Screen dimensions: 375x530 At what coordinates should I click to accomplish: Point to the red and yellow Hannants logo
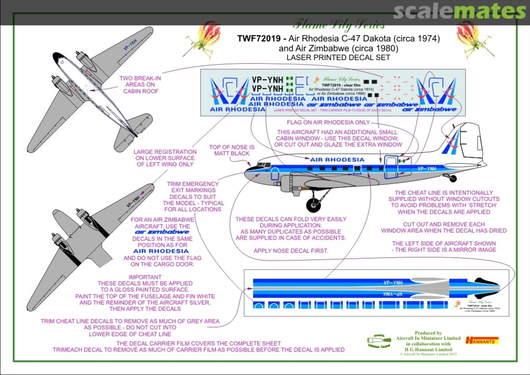[x=481, y=340]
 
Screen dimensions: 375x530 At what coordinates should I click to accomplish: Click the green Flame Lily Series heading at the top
[x=339, y=24]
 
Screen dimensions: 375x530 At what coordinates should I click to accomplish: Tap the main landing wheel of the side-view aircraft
[x=313, y=205]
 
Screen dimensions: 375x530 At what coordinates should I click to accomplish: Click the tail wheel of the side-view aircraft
[x=452, y=179]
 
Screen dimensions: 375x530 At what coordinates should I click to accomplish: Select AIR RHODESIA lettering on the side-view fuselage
[x=337, y=160]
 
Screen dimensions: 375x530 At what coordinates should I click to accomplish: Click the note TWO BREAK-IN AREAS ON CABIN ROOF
[x=140, y=84]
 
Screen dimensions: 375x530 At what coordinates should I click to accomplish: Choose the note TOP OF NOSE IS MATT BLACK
[x=232, y=150]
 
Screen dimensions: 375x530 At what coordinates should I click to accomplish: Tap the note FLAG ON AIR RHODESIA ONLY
[x=328, y=122]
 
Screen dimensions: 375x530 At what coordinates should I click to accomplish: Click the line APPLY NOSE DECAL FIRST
[x=291, y=251]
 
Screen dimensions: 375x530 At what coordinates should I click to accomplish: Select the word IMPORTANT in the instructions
[x=145, y=277]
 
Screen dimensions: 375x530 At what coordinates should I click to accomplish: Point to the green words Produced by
[x=428, y=333]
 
